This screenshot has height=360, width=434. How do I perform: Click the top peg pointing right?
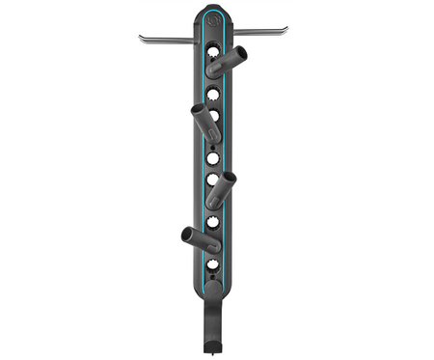point(229,62)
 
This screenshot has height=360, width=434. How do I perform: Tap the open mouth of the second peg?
point(198,111)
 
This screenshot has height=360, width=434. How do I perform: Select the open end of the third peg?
point(228,178)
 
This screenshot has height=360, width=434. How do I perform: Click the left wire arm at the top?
point(170,40)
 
